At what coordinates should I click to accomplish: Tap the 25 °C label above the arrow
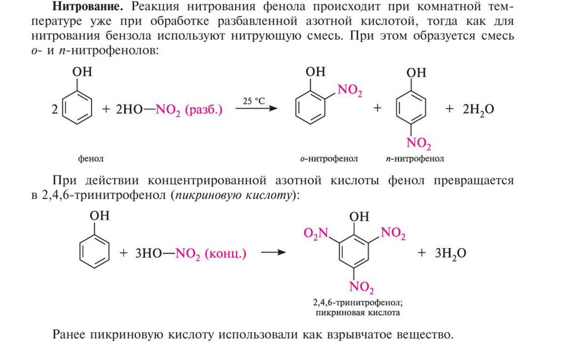pyautogui.click(x=253, y=100)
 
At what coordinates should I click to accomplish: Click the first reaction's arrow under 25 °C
pyautogui.click(x=256, y=110)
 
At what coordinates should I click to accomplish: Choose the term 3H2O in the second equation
pyautogui.click(x=450, y=253)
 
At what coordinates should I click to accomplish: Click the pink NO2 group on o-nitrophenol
pyautogui.click(x=350, y=92)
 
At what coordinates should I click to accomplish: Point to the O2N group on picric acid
pyautogui.click(x=316, y=233)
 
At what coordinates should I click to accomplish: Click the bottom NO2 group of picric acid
pyautogui.click(x=361, y=287)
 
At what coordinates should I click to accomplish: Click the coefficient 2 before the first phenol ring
pyautogui.click(x=54, y=110)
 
